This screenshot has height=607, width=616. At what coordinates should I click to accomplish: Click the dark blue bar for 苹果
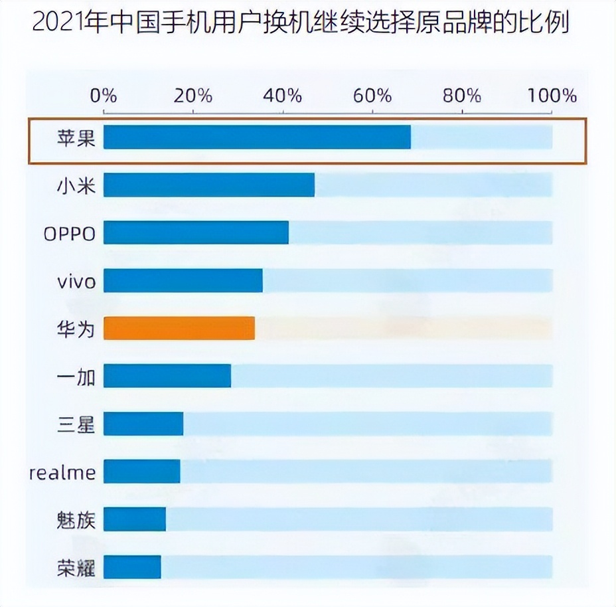(x=257, y=137)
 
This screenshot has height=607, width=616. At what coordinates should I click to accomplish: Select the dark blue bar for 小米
(x=209, y=185)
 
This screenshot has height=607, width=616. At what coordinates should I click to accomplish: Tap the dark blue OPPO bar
(x=196, y=233)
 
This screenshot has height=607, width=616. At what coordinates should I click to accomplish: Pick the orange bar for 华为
(x=179, y=329)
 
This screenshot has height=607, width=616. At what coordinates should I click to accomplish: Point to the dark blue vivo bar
(x=183, y=281)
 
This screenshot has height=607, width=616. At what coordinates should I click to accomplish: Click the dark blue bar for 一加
(x=167, y=377)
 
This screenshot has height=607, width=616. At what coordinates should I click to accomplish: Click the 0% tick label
(x=104, y=96)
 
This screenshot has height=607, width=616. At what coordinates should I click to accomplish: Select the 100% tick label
(x=552, y=96)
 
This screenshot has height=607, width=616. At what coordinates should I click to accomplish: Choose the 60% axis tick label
(x=372, y=96)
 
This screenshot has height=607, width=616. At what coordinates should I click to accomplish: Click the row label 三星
(x=76, y=424)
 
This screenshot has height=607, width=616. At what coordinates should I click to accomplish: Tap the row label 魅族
(x=76, y=519)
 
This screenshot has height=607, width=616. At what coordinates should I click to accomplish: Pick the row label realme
(x=62, y=472)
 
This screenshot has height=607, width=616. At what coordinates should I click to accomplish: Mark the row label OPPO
(x=69, y=234)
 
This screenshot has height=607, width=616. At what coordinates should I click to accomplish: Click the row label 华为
(x=76, y=329)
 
